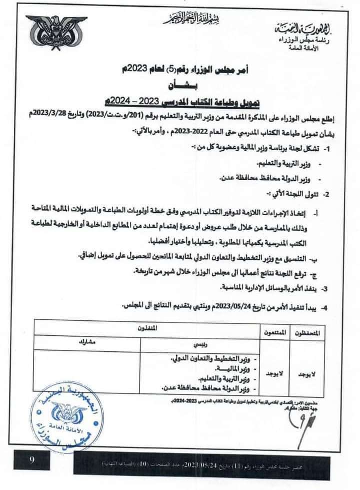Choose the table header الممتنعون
coord(273,332)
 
